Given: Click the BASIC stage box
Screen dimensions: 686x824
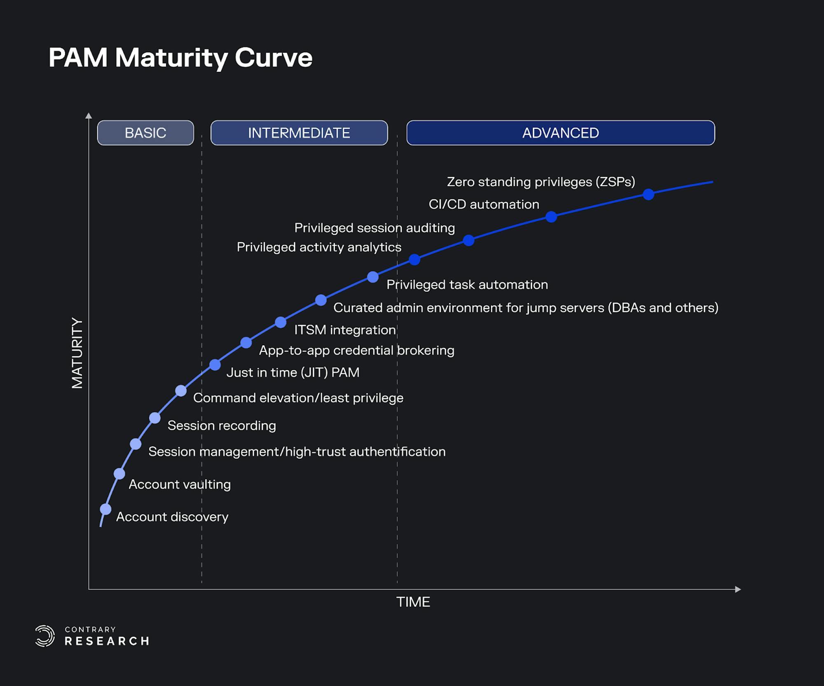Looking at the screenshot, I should pyautogui.click(x=145, y=133).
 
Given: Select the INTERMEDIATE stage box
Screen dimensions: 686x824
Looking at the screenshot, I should pyautogui.click(x=299, y=133).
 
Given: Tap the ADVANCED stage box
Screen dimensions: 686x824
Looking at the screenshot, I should pyautogui.click(x=560, y=133).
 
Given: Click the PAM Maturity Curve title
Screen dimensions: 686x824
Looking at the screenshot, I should pyautogui.click(x=180, y=57).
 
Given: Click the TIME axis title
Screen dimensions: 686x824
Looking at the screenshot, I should pyautogui.click(x=413, y=602).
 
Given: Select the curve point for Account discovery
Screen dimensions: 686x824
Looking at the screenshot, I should pyautogui.click(x=106, y=509).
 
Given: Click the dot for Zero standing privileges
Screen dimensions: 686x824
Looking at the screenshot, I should pyautogui.click(x=648, y=194).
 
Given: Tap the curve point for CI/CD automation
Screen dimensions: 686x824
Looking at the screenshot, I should pyautogui.click(x=551, y=217).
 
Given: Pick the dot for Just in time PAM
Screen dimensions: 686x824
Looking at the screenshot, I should pyautogui.click(x=215, y=365).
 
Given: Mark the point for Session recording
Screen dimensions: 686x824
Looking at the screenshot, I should pyautogui.click(x=155, y=418).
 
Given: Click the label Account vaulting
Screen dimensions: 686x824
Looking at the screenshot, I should pyautogui.click(x=180, y=484).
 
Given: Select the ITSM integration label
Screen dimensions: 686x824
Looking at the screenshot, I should pyautogui.click(x=345, y=330).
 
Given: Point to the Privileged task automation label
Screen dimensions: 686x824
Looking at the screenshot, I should pyautogui.click(x=467, y=284).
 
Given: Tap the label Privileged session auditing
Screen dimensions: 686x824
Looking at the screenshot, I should pyautogui.click(x=375, y=228).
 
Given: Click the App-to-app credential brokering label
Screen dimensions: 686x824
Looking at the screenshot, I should pyautogui.click(x=356, y=350).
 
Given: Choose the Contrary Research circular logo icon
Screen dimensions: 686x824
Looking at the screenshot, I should pyautogui.click(x=44, y=636).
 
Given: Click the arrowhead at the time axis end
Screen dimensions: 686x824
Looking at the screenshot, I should pyautogui.click(x=738, y=589).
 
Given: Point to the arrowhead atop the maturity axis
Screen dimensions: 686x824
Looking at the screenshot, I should pyautogui.click(x=89, y=116).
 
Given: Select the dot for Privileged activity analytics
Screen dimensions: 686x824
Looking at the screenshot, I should pyautogui.click(x=414, y=260).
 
